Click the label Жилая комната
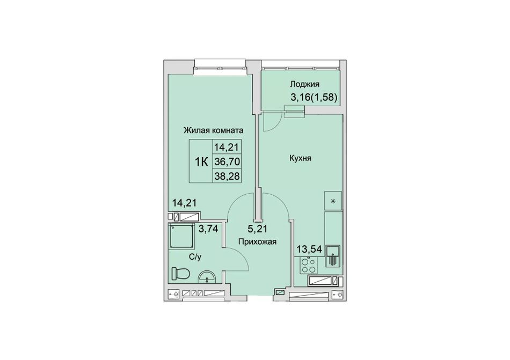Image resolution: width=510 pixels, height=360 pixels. point(214,130)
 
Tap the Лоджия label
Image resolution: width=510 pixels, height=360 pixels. point(305,84)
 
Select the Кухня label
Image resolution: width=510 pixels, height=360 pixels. point(300,159)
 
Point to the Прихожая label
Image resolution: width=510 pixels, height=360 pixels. point(257,242)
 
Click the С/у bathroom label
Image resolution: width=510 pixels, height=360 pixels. point(195,258)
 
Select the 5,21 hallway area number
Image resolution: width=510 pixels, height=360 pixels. point(257,229)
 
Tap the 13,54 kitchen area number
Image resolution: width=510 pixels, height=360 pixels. point(309,249)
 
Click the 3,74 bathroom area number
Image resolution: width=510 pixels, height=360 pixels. point(208,229)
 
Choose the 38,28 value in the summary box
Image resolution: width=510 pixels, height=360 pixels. point(227,176)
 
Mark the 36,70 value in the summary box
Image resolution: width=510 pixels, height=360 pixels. point(227,161)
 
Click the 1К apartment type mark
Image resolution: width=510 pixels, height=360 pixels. point(201,161)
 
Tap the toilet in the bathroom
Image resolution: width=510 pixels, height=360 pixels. point(180,274)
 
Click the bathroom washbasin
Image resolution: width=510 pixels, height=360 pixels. point(207,277)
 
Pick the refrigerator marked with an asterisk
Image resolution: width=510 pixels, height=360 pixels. point(333,201)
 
